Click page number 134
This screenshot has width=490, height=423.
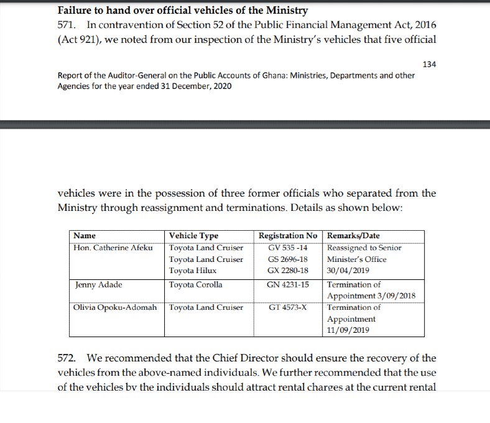click(x=428, y=65)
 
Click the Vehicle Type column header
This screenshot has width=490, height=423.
click(x=194, y=236)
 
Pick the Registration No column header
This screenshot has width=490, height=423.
click(x=288, y=236)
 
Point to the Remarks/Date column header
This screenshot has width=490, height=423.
click(x=353, y=236)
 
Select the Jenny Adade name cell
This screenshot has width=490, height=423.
click(x=98, y=285)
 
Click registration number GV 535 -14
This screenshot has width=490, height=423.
click(x=287, y=248)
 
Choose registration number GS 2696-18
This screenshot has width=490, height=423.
click(x=287, y=259)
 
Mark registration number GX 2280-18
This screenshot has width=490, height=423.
click(x=287, y=271)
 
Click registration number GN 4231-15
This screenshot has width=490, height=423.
click(x=287, y=285)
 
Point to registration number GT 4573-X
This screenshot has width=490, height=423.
click(x=287, y=307)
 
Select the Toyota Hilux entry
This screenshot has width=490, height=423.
click(x=193, y=271)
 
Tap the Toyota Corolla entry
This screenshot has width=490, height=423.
click(x=196, y=285)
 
